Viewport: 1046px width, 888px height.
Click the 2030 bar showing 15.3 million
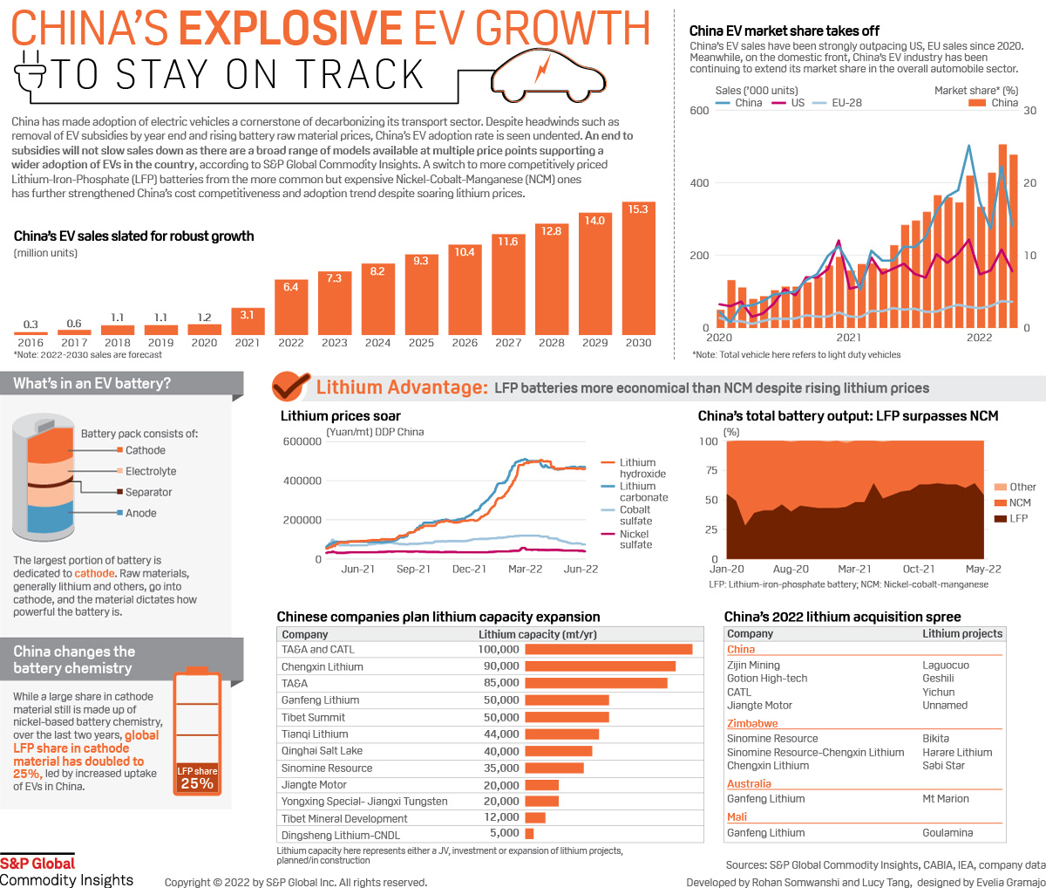tap(638, 269)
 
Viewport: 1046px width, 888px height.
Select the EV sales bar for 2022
tap(291, 307)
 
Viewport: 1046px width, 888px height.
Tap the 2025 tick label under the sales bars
tap(421, 343)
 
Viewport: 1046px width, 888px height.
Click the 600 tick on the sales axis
tap(699, 111)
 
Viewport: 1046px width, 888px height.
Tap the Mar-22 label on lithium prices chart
tap(525, 569)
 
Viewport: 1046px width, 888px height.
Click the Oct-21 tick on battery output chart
tap(919, 569)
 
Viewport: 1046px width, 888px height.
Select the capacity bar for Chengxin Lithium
tap(600, 666)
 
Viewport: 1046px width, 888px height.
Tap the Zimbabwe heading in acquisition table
tap(752, 724)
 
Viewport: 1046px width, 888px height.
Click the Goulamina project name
tap(948, 833)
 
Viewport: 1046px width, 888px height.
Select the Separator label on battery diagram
tap(148, 492)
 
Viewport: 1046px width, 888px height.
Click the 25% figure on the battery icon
tap(197, 783)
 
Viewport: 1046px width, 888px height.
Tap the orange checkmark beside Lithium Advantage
tap(290, 386)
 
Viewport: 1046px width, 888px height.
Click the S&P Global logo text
tap(37, 864)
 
